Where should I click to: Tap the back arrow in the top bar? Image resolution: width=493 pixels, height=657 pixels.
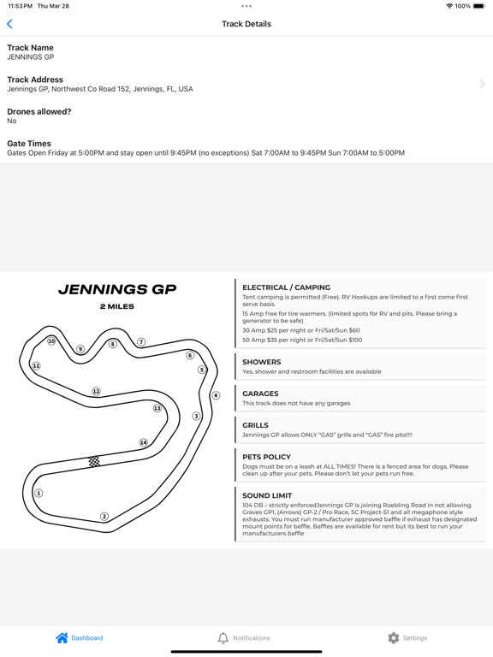tap(10, 24)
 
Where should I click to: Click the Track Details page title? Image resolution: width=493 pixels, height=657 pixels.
tap(246, 24)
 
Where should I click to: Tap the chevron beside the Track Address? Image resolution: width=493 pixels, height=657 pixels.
tap(482, 84)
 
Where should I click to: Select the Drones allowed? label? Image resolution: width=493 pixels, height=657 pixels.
tap(39, 111)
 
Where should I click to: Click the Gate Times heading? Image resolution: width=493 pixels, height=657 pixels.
tap(29, 144)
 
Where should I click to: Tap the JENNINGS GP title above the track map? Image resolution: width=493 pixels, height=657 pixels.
tap(117, 290)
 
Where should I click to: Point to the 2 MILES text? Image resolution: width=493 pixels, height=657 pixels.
tap(117, 306)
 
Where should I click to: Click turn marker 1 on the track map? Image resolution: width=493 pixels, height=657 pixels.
tap(39, 493)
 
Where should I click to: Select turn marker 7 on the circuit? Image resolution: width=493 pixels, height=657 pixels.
tap(141, 342)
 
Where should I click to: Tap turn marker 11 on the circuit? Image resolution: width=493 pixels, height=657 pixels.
tap(36, 365)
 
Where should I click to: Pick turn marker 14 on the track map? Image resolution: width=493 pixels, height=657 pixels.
tap(144, 442)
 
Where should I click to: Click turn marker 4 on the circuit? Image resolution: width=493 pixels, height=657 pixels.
tap(216, 395)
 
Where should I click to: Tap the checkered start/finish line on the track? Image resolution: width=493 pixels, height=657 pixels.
tap(94, 462)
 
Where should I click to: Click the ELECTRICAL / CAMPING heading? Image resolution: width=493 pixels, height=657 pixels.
tap(286, 287)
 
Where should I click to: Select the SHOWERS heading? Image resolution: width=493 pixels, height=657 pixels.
tap(261, 362)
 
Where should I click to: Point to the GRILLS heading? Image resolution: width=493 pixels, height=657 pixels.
tap(255, 425)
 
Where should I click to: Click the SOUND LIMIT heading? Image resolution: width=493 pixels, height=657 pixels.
tap(267, 495)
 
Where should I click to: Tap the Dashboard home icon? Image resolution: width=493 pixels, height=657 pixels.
tap(62, 637)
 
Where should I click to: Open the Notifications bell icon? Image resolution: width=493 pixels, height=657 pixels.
tap(223, 637)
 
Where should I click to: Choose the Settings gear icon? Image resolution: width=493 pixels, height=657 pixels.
tap(393, 637)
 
